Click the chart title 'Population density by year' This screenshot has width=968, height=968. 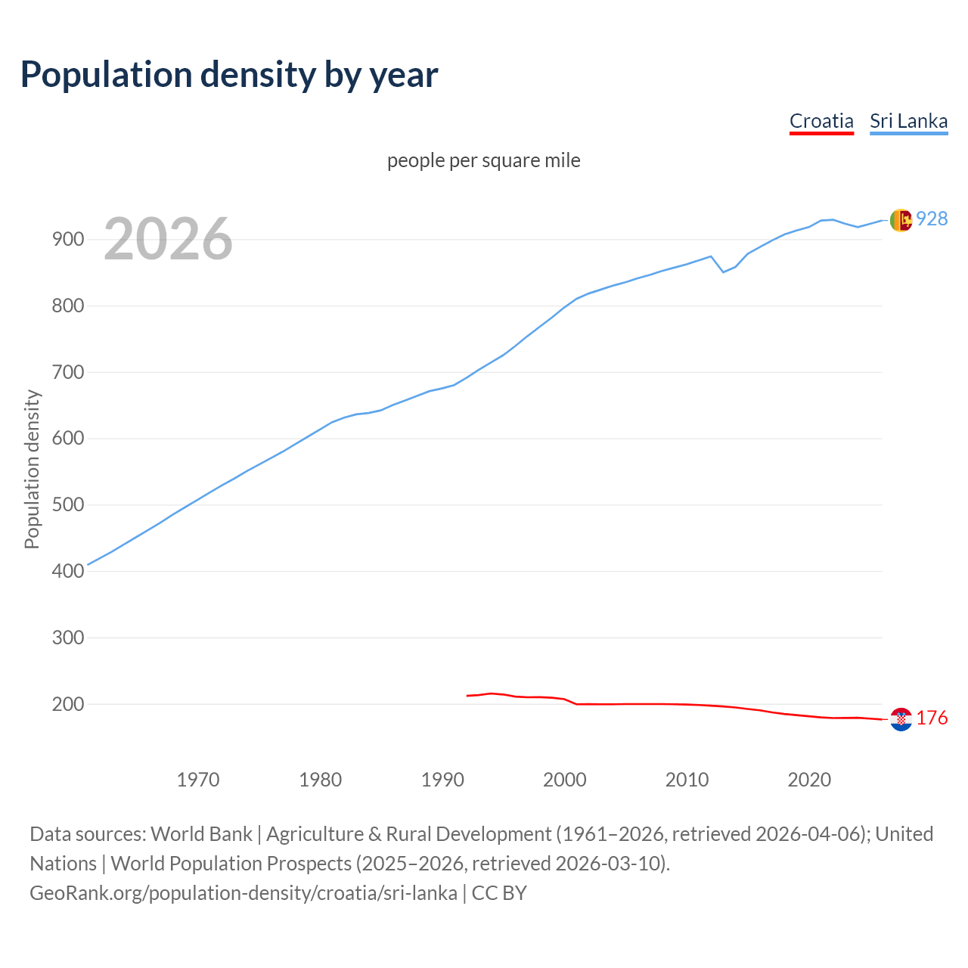point(229,75)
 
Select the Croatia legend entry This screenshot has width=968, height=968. point(821,121)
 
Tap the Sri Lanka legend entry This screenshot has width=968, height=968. point(908,121)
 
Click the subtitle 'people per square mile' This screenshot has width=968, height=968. point(484,160)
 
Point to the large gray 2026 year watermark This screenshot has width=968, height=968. point(168,239)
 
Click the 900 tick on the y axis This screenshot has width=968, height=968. point(68,240)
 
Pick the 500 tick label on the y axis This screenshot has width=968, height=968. point(68,505)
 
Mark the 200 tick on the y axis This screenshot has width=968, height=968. point(68,704)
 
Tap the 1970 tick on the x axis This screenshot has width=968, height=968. point(198,780)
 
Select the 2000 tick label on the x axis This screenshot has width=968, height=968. point(565,780)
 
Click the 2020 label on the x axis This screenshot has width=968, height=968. point(809,780)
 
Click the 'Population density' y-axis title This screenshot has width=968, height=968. point(32,469)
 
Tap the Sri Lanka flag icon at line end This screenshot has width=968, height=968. point(901,220)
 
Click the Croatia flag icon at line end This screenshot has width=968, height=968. point(901,719)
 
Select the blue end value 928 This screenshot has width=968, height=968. point(932,219)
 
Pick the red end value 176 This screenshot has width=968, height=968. point(932,718)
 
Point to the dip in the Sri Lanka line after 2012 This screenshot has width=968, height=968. point(724,271)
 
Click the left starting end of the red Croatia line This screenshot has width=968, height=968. point(467,696)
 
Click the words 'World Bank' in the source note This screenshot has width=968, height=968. point(201,834)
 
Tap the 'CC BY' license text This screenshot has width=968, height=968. point(499,893)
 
